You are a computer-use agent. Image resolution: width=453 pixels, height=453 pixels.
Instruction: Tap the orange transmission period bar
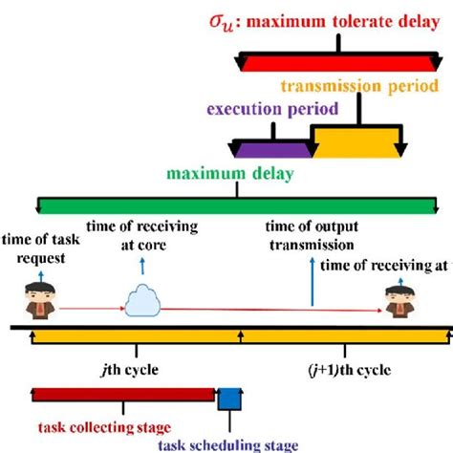tap(356, 147)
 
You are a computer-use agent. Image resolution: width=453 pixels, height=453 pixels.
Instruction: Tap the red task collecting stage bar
tap(122, 395)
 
